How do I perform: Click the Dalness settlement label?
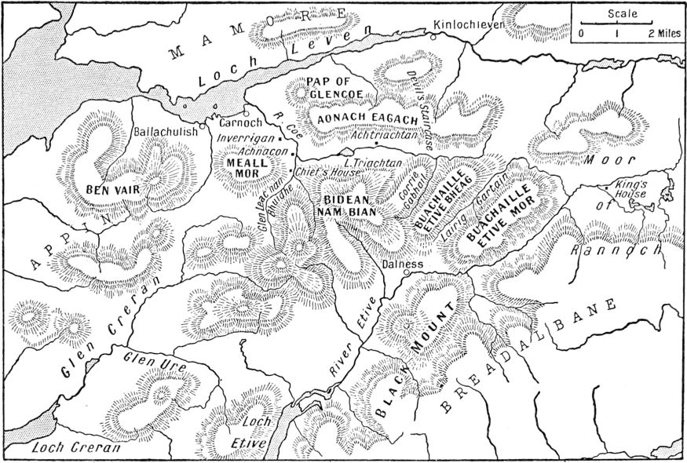point(403,264)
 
